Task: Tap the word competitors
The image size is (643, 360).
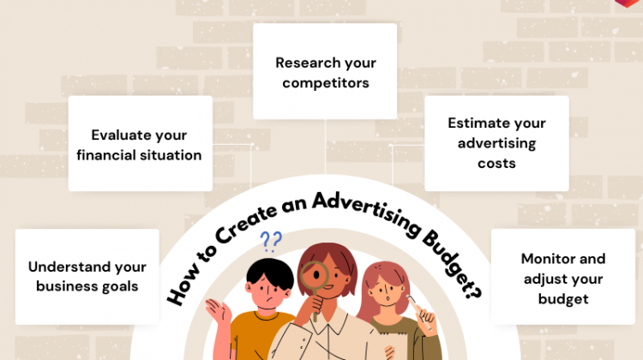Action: click(326, 83)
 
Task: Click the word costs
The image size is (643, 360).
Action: click(496, 164)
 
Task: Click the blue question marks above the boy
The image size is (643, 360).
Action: click(271, 242)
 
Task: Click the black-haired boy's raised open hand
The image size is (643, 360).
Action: click(216, 313)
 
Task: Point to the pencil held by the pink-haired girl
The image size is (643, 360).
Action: click(419, 312)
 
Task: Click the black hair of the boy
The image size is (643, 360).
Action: click(269, 272)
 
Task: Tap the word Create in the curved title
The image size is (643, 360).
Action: click(245, 224)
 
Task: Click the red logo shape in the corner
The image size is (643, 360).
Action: click(628, 3)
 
